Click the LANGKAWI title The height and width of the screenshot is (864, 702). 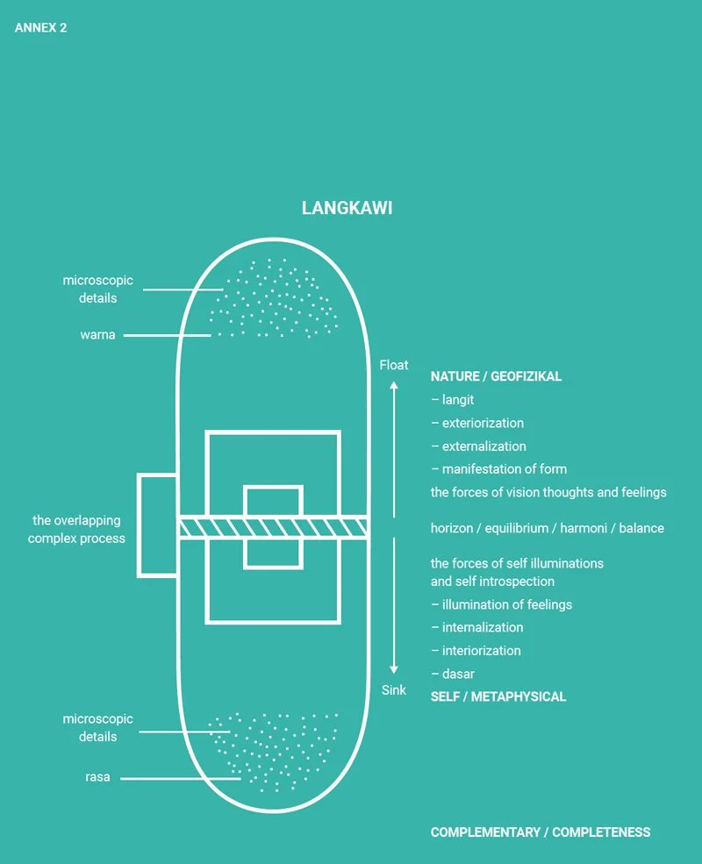point(347,209)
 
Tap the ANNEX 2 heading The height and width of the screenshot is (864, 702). point(40,28)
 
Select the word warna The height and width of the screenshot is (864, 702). point(97,335)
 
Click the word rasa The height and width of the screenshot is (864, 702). point(97,777)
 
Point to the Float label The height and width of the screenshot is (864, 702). point(394,365)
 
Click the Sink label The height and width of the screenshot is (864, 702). point(394,690)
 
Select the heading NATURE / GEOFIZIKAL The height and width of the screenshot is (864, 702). point(496,376)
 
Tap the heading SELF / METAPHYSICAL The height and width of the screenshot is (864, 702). point(498,696)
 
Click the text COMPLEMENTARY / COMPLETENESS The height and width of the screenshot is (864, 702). point(541,832)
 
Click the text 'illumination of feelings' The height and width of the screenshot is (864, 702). point(501,604)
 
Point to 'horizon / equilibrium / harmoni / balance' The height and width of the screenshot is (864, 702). point(547,528)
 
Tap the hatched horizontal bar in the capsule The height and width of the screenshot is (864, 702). point(273,527)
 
